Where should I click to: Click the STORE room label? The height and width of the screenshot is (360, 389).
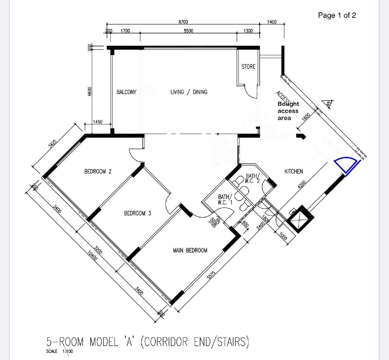pos(248,66)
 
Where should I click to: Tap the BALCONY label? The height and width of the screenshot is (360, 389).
pos(126,92)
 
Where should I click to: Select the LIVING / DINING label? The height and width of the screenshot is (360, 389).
pos(189,92)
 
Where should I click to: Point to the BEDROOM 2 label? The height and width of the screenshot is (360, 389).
pos(98,171)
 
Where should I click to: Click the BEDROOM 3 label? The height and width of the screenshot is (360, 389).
pos(137,213)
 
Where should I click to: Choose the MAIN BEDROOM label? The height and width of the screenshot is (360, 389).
pos(190,250)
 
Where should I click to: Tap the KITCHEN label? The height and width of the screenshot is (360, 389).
pos(294,171)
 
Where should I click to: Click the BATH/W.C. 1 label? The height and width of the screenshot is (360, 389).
pos(225,199)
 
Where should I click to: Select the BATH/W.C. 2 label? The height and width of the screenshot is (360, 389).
pos(252,178)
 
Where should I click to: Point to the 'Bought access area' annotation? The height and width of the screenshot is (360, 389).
pos(288,111)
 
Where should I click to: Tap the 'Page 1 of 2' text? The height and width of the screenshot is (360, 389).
pos(337,15)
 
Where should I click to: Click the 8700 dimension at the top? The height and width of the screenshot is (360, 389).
pos(183,22)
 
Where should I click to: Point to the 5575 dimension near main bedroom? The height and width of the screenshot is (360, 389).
pos(211,275)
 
